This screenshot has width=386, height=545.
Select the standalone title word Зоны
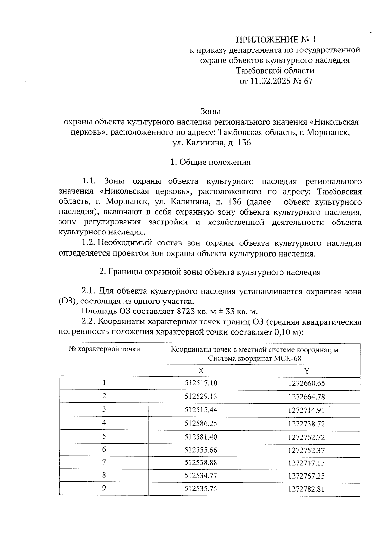(x=210, y=111)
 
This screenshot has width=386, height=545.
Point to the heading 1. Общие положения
(x=210, y=162)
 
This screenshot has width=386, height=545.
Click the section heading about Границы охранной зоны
(x=210, y=272)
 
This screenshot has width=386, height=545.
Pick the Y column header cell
(x=307, y=371)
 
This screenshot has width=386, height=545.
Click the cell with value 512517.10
(x=201, y=383)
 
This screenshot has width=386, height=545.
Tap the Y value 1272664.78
(x=307, y=397)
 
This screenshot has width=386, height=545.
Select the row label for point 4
(x=104, y=423)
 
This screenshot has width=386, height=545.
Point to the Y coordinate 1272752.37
(x=307, y=450)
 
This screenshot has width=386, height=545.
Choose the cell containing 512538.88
(x=201, y=463)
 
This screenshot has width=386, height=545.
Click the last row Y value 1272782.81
(x=307, y=489)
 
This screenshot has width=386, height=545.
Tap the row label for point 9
(x=104, y=488)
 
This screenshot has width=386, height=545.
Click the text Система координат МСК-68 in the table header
(x=254, y=359)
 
